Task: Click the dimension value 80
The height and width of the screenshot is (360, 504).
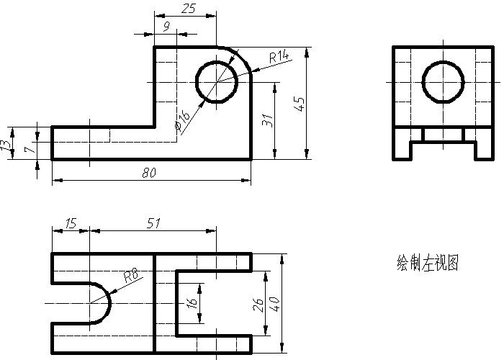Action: coord(150,173)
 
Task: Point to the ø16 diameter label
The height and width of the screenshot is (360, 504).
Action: coord(182,120)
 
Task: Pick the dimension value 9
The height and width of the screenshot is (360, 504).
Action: coord(167,27)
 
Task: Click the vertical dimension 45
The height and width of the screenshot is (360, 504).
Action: coord(300,104)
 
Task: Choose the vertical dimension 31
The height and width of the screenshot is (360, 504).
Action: coord(268,120)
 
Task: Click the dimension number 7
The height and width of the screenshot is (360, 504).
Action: coord(28,150)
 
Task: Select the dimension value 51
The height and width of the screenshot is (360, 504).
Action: coord(153,223)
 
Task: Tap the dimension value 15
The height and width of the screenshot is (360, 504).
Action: coord(70,223)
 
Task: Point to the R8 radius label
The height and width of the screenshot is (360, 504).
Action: coord(130,274)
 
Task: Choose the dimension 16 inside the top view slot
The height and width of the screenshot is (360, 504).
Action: coord(192,304)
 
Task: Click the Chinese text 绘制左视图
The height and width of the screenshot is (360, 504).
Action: coord(428,263)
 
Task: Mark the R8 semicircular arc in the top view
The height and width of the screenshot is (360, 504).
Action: coord(109,303)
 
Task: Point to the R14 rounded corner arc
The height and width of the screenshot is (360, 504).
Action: coord(243,56)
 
